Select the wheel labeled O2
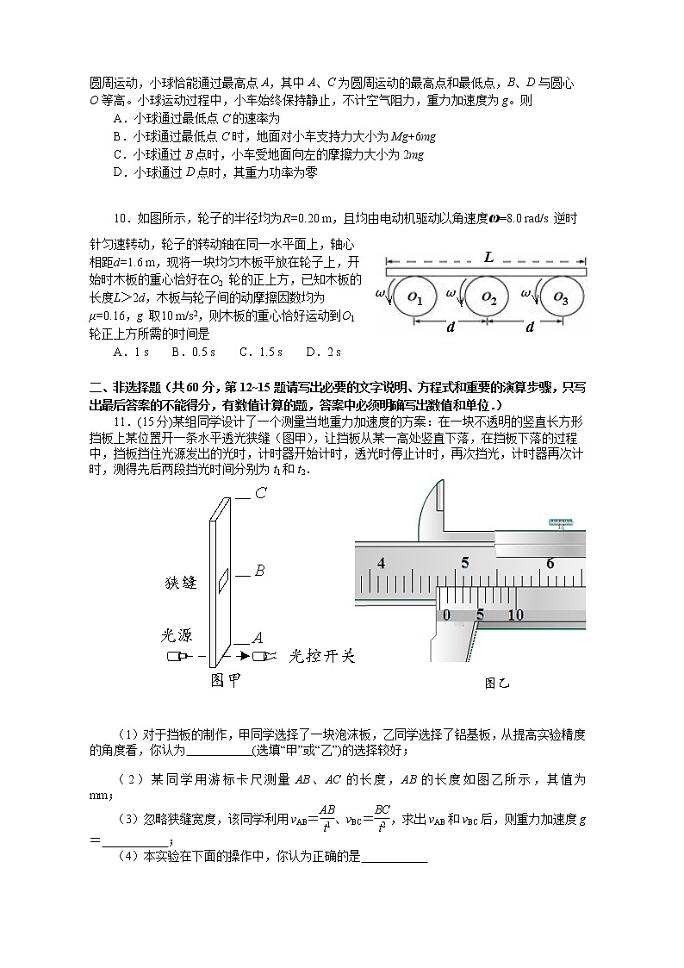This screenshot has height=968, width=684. pos(488,297)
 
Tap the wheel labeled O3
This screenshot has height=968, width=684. pos(561,297)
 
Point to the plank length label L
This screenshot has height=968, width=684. pos(488,257)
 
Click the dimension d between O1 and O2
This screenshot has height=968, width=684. pos(451,328)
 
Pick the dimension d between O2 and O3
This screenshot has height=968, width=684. pos(529,328)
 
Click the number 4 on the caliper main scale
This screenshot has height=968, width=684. pos(381,563)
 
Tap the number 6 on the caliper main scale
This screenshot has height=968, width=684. pos(550,563)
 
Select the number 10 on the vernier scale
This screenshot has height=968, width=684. pos(515,615)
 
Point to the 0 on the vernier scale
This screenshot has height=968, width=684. pos(446,615)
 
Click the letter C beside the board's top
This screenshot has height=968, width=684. pos(259,494)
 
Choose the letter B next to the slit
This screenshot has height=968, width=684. pos(258,571)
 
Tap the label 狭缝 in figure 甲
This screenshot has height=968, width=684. pos(181,583)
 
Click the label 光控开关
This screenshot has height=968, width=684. pos(321,656)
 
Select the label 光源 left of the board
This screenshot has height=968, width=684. pos(180,635)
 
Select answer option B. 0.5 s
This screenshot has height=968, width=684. pos(196,352)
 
